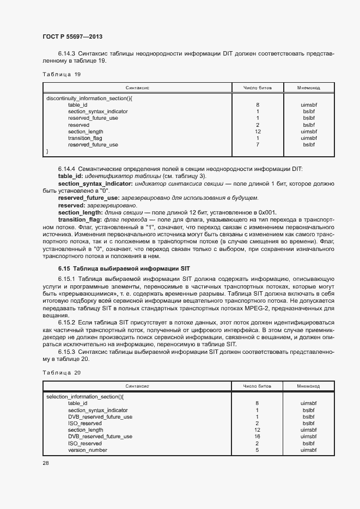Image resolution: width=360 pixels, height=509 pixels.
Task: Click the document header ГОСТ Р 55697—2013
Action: (72, 36)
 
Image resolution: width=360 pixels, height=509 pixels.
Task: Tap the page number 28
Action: (46, 463)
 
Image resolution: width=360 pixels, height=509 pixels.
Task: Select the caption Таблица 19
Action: (62, 74)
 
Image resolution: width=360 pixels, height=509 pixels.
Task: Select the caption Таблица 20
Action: (62, 372)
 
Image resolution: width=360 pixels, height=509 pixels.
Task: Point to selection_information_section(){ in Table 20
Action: (86, 397)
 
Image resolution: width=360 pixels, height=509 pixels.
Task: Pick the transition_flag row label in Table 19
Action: (85, 138)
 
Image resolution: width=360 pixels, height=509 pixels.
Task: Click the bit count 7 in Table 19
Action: (257, 145)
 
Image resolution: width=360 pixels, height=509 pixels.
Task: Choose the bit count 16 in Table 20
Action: (257, 437)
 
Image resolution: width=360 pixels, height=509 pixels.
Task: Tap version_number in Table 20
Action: (87, 450)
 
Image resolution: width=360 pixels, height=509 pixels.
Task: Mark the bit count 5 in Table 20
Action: (257, 450)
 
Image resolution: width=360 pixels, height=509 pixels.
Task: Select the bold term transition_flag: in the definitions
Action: (80, 219)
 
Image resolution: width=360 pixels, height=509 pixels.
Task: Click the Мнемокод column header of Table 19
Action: (308, 87)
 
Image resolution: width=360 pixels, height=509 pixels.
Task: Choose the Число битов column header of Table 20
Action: (257, 385)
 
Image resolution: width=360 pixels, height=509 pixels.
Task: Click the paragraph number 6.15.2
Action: (68, 322)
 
